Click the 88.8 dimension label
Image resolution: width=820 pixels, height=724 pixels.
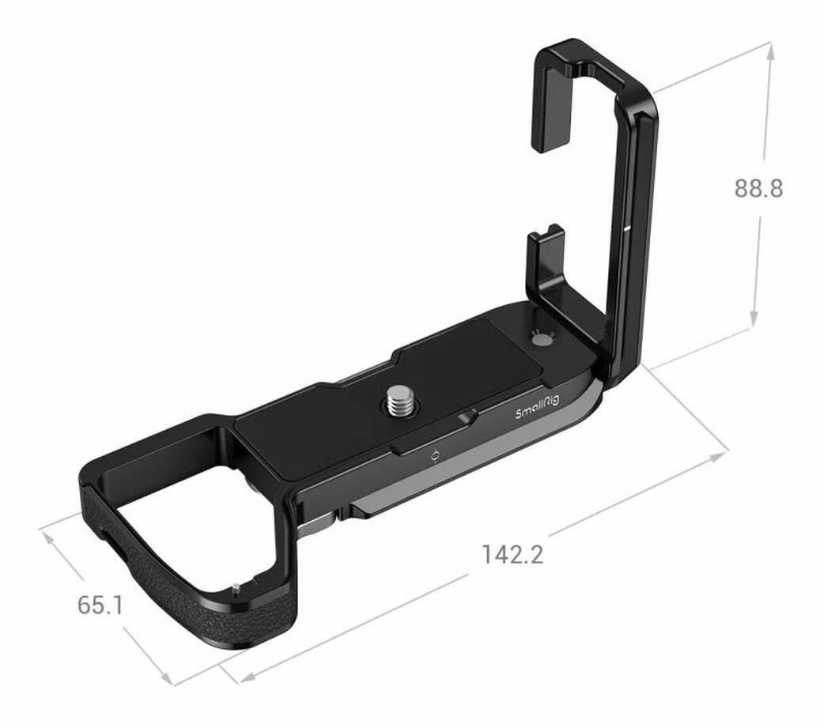pos(758,189)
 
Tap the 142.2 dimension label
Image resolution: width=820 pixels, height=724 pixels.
pos(512,554)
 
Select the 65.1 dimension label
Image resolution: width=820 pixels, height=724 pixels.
pos(100,605)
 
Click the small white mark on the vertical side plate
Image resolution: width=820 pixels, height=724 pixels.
pos(626,228)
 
